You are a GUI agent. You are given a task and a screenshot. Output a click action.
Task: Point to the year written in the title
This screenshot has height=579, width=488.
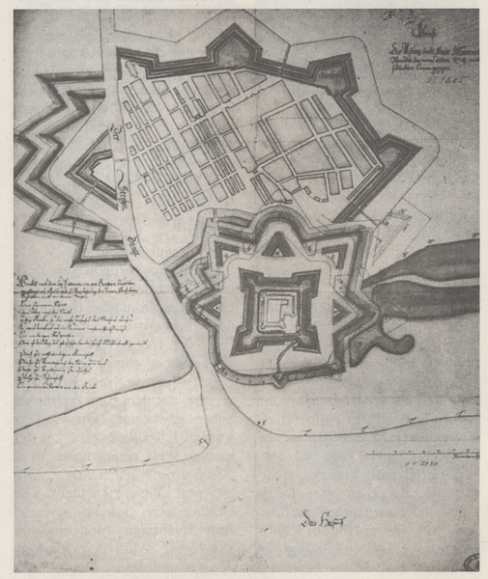pos(446,83)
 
